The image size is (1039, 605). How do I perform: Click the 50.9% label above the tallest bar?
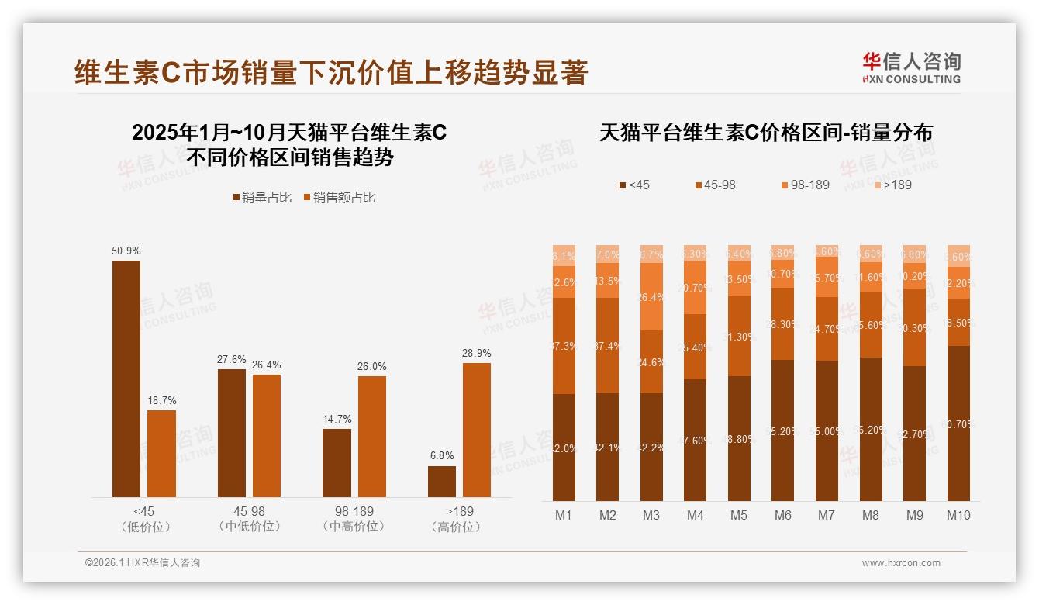point(126,251)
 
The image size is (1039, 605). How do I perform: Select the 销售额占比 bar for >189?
point(477,430)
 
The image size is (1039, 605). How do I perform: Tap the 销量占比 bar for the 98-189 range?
point(337,463)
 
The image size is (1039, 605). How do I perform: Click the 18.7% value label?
point(162,401)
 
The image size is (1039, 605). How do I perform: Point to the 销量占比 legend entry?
point(262,198)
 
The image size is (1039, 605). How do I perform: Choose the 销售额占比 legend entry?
point(340,198)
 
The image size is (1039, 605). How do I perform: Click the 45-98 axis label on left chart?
point(249,512)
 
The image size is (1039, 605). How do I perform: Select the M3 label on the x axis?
point(651,515)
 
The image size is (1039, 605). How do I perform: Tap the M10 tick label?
point(958,515)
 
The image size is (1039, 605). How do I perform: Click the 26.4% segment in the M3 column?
point(651,297)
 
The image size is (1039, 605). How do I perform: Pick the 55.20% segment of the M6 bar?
point(783,430)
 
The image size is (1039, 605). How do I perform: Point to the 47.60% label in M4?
point(696,441)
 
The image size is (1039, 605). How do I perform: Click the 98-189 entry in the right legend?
point(806,185)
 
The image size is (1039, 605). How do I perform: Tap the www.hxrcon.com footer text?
point(901,563)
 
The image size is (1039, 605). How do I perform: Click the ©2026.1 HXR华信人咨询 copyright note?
point(142,563)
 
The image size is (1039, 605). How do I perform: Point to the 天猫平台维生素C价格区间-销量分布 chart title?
point(765,133)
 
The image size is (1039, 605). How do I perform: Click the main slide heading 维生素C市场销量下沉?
point(331,72)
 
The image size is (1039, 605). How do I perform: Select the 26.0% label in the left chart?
point(372,367)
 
